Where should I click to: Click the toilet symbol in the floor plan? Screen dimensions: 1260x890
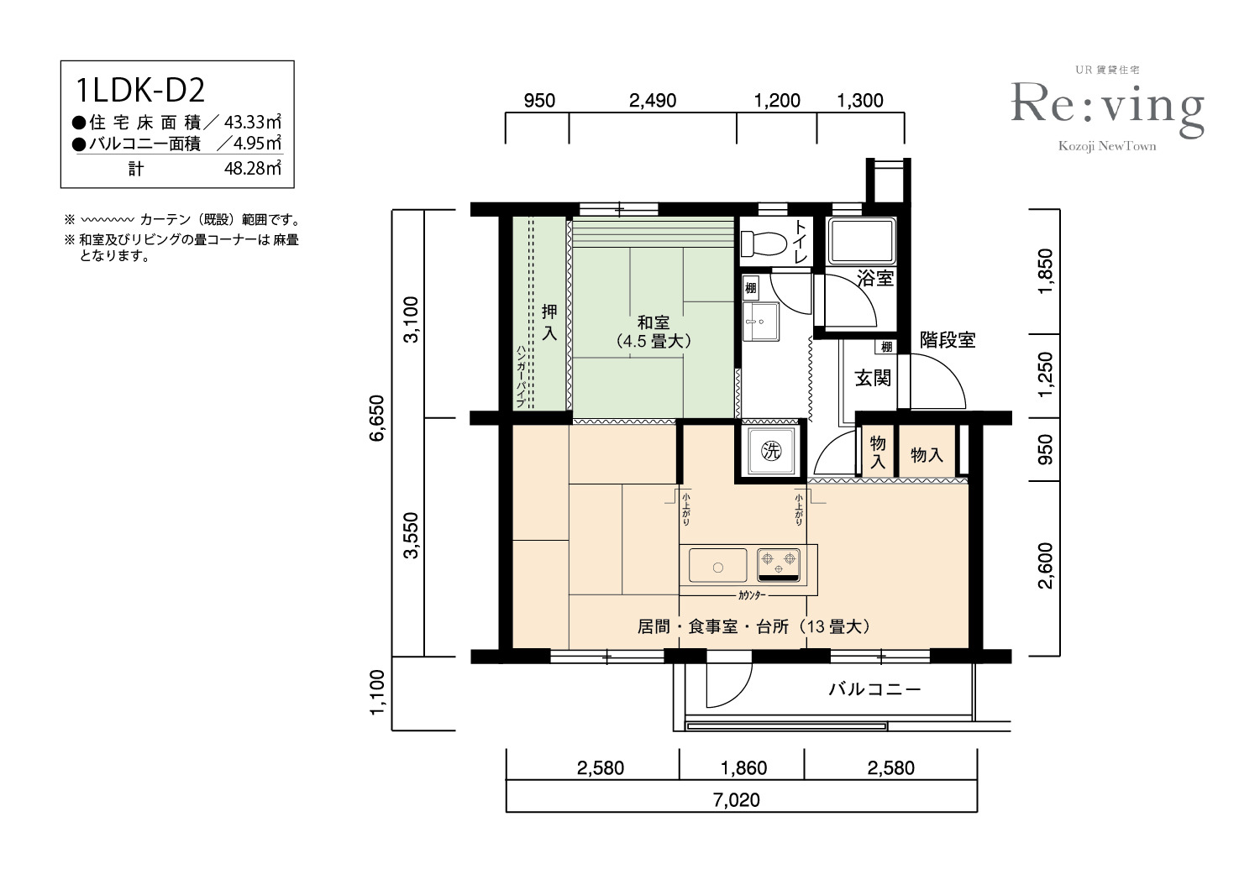pyautogui.click(x=764, y=243)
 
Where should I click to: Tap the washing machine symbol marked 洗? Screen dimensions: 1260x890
pyautogui.click(x=771, y=450)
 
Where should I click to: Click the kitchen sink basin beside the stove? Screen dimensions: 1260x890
pyautogui.click(x=717, y=566)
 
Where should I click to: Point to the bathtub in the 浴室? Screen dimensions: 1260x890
pyautogui.click(x=861, y=241)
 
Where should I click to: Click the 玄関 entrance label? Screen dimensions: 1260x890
pyautogui.click(x=873, y=378)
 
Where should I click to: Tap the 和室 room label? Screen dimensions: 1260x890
pyautogui.click(x=653, y=322)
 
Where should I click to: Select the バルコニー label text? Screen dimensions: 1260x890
pyautogui.click(x=874, y=688)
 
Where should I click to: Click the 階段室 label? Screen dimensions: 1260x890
pyautogui.click(x=948, y=339)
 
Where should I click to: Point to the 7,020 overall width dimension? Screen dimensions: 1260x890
pyautogui.click(x=737, y=799)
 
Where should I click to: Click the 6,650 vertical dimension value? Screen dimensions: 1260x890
pyautogui.click(x=376, y=418)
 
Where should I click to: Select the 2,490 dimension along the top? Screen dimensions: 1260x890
pyautogui.click(x=653, y=101)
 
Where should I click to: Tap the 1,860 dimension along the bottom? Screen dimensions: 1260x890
pyautogui.click(x=743, y=767)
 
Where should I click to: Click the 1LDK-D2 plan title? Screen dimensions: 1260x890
pyautogui.click(x=140, y=91)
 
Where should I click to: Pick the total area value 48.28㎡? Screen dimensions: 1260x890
pyautogui.click(x=253, y=168)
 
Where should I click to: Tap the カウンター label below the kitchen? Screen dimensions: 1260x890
pyautogui.click(x=752, y=594)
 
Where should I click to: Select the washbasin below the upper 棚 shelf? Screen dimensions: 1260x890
pyautogui.click(x=760, y=322)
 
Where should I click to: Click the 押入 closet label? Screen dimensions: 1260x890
pyautogui.click(x=549, y=322)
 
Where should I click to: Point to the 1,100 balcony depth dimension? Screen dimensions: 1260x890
pyautogui.click(x=376, y=692)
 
